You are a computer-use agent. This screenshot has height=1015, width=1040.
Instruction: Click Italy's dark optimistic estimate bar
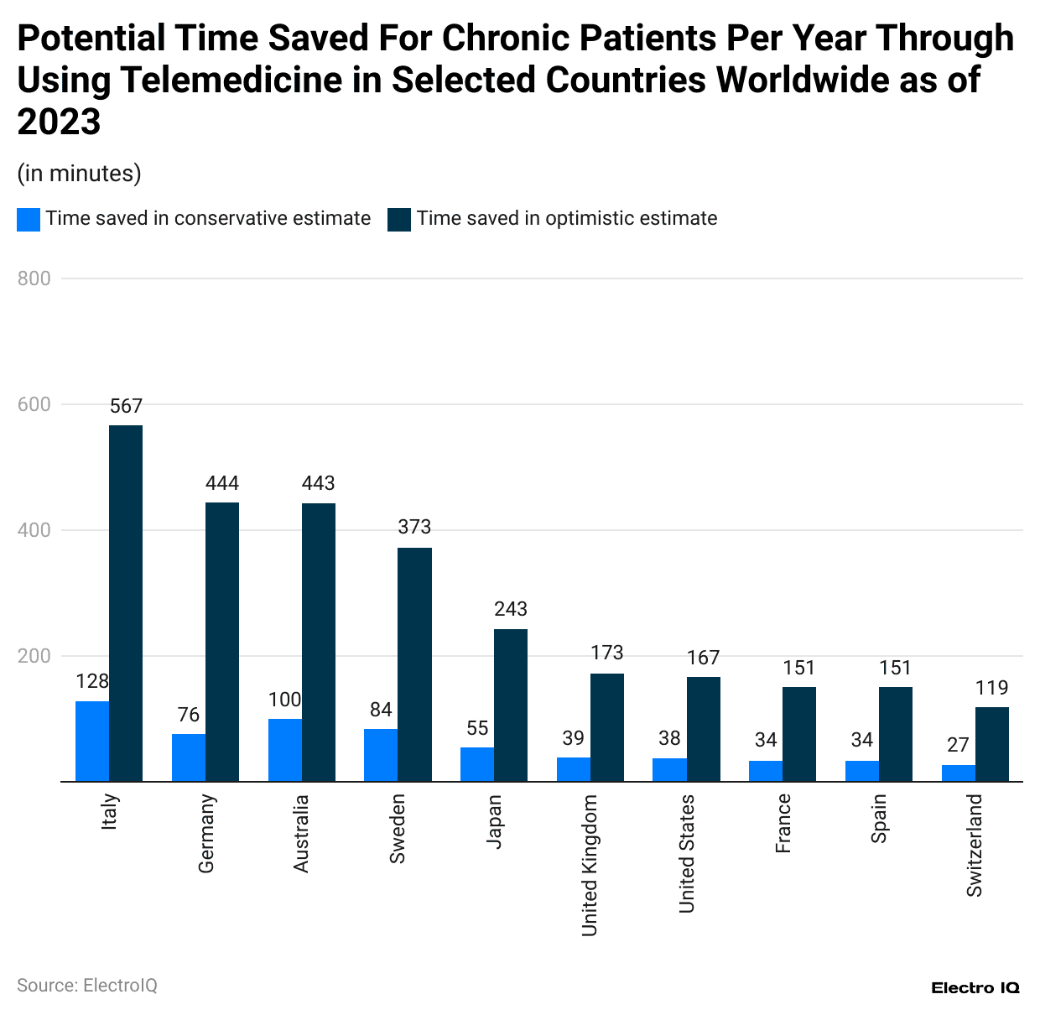coord(126,603)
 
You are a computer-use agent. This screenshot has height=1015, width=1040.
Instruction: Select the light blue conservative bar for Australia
coord(284,750)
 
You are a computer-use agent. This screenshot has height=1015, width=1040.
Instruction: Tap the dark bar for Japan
coord(511,705)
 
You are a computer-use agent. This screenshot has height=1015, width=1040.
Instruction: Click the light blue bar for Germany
coord(189,757)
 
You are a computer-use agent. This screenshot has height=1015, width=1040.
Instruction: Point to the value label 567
coord(126,407)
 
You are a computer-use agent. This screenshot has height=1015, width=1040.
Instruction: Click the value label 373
coord(414,528)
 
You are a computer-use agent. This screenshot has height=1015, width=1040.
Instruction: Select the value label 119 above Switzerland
coord(991,688)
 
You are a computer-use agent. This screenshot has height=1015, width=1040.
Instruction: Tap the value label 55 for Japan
coord(477,728)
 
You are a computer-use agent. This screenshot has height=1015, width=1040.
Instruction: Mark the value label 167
coord(703,658)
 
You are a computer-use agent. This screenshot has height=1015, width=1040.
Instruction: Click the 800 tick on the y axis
coord(34,278)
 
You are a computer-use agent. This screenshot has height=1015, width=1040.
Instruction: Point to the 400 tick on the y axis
coord(34,530)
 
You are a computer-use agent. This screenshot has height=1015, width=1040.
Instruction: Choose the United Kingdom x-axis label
coord(590,865)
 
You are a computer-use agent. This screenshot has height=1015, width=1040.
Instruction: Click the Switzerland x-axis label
coord(974,846)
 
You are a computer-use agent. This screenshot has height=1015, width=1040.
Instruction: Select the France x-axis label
coord(783,824)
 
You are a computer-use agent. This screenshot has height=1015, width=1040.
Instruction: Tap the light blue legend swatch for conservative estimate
coord(29,220)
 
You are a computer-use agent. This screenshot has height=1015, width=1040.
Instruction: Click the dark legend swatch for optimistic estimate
coord(399,220)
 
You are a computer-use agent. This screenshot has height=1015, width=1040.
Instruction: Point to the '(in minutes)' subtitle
coord(79,174)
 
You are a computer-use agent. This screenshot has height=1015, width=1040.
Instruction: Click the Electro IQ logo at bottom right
coord(975,988)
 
